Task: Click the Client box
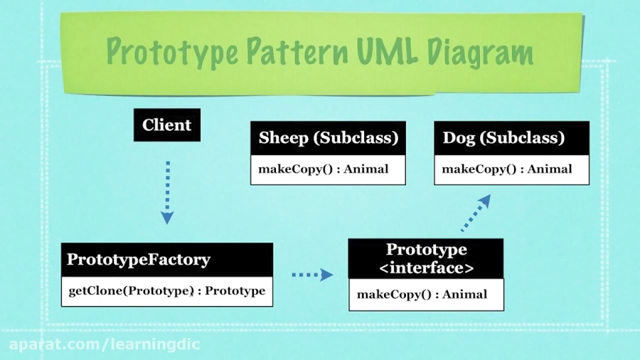pyautogui.click(x=167, y=125)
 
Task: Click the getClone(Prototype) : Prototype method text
pyautogui.click(x=166, y=291)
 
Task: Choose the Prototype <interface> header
pyautogui.click(x=426, y=258)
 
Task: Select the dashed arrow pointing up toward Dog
pyautogui.click(x=476, y=213)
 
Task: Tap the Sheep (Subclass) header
pyautogui.click(x=328, y=138)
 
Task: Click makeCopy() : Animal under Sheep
pyautogui.click(x=324, y=169)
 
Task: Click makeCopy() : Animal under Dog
pyautogui.click(x=507, y=169)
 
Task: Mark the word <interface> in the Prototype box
pyautogui.click(x=426, y=268)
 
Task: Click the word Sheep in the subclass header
pyautogui.click(x=284, y=138)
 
